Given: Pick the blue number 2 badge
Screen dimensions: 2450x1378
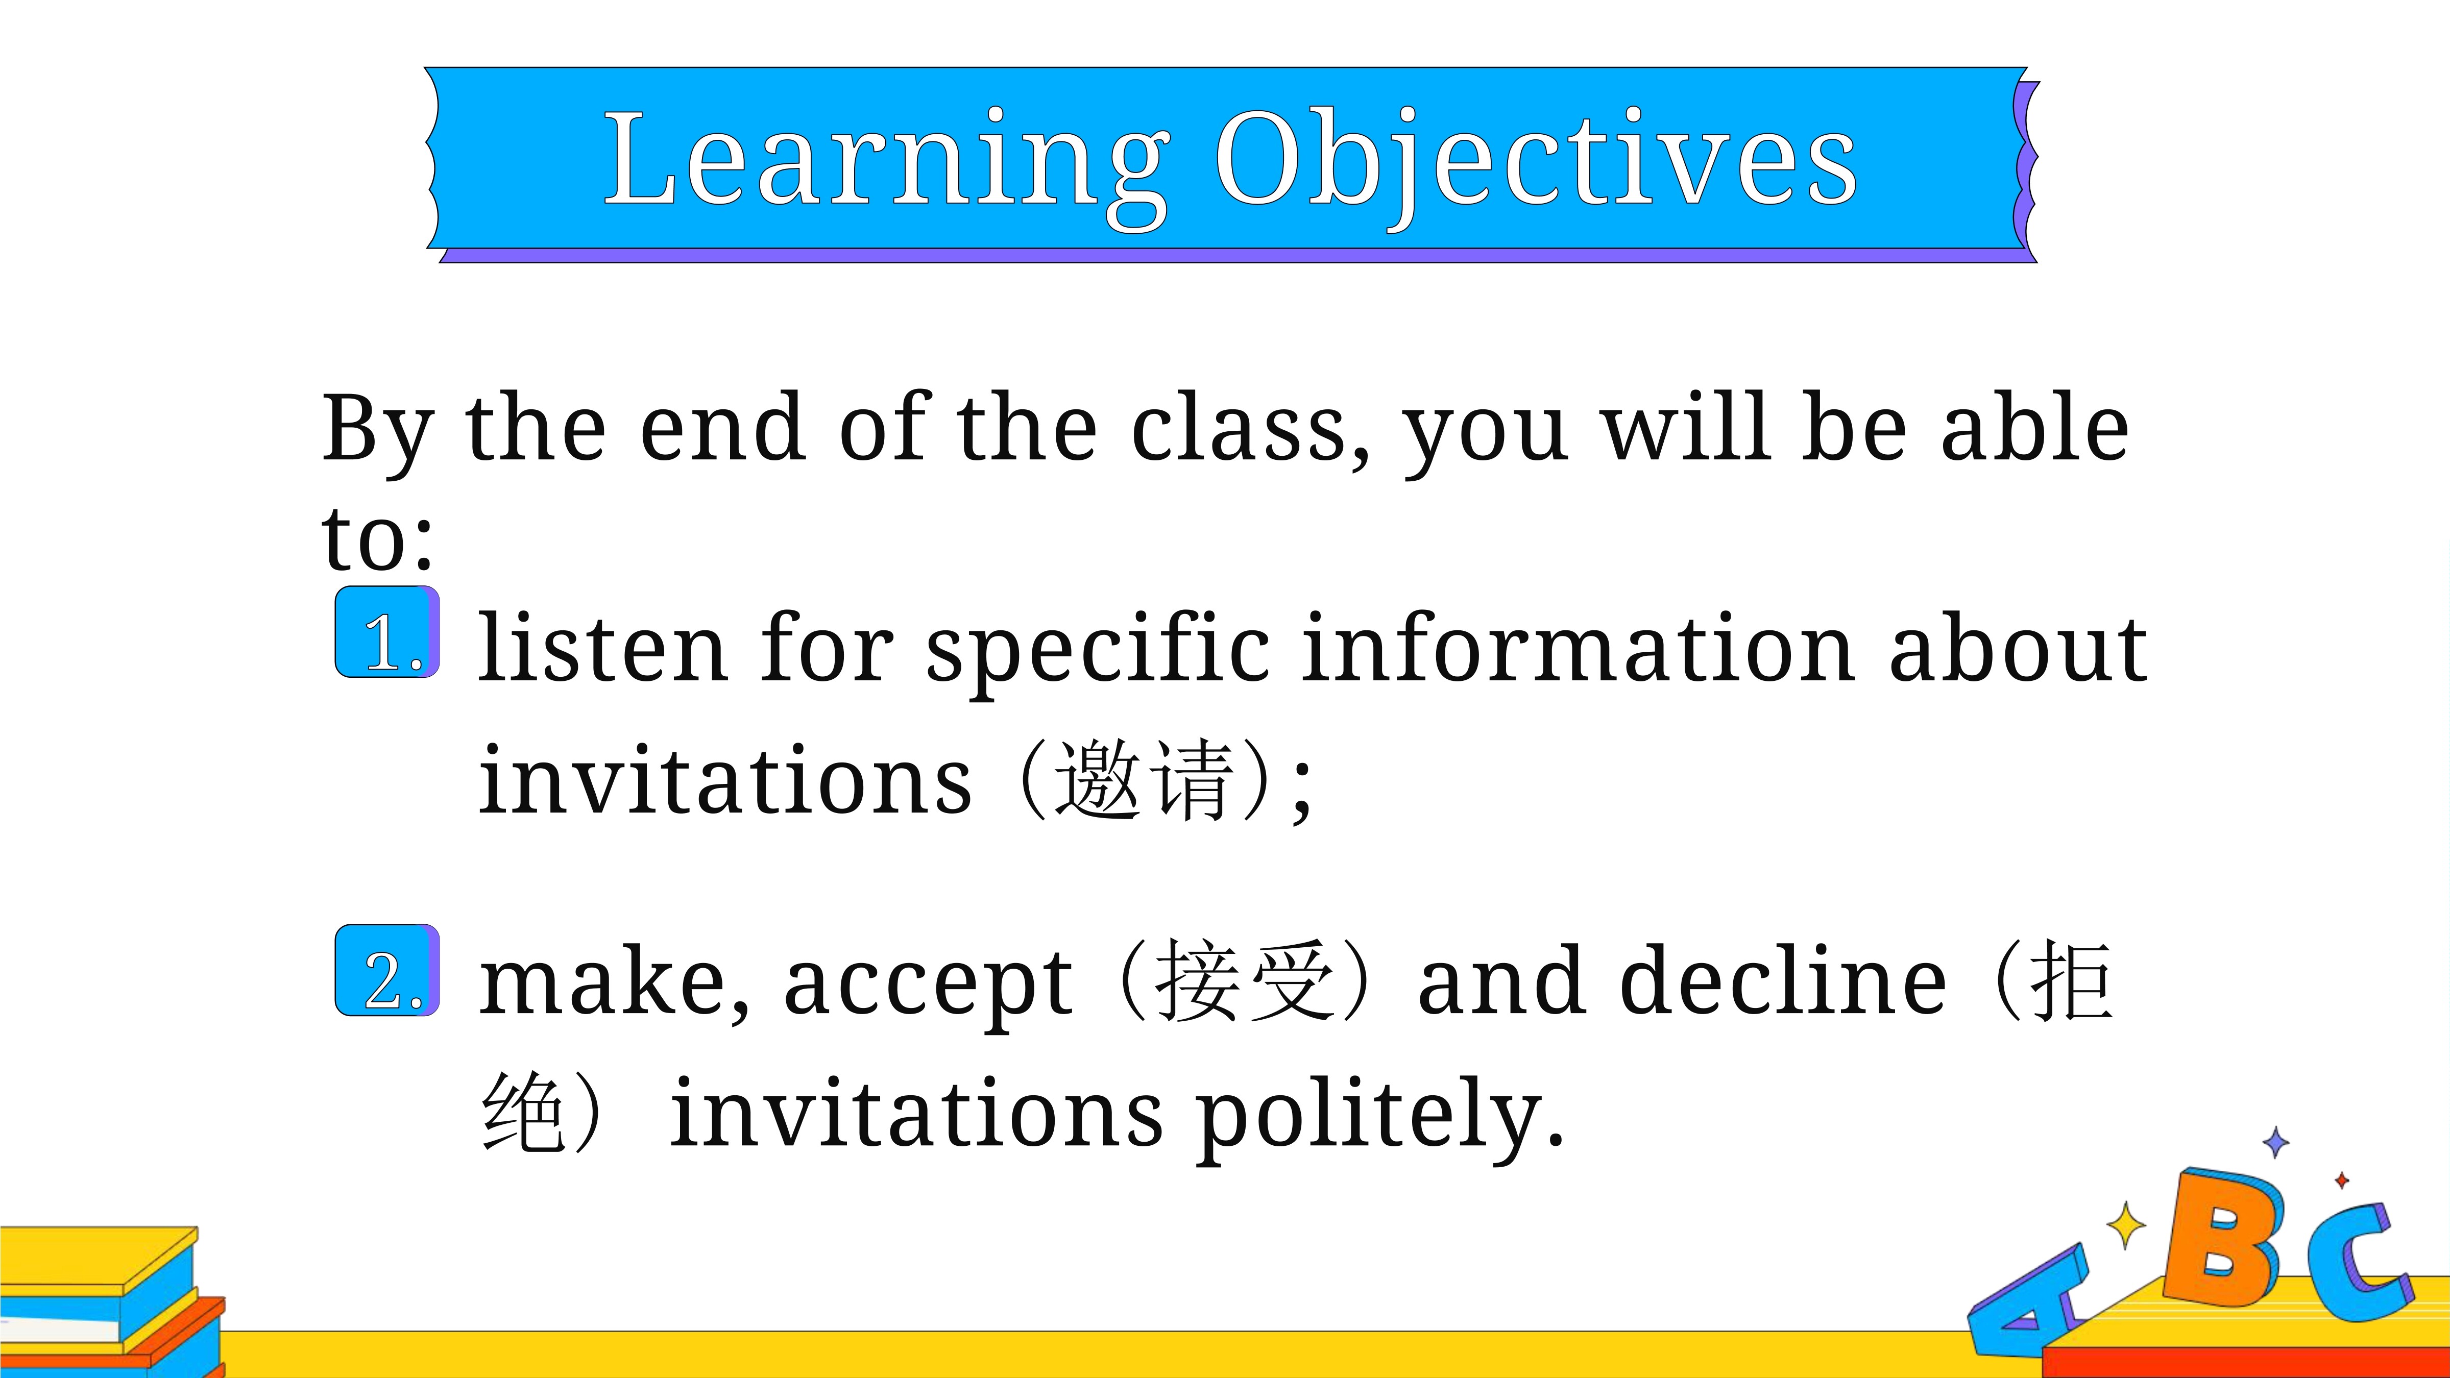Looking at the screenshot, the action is click(x=387, y=970).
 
